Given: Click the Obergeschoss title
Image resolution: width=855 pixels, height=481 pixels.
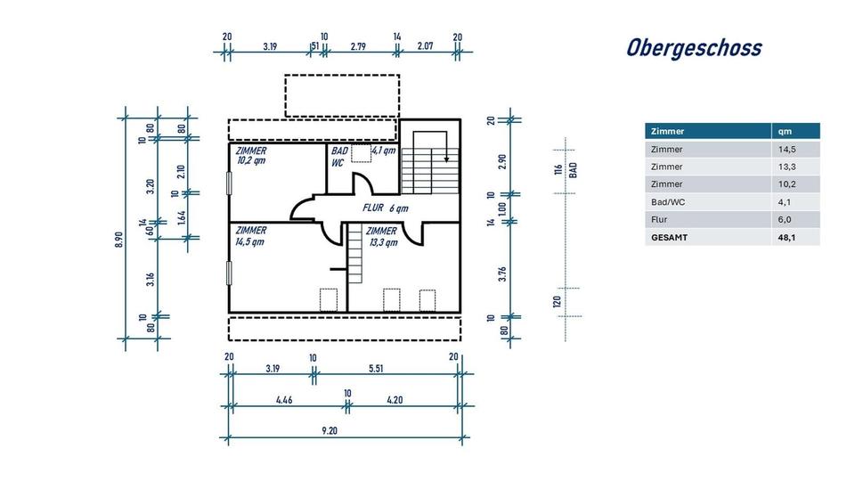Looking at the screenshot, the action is pyautogui.click(x=694, y=47).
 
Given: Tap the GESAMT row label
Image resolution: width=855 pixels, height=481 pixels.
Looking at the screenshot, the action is pyautogui.click(x=670, y=238).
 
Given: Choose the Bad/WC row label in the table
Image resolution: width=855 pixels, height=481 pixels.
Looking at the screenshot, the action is pyautogui.click(x=669, y=201).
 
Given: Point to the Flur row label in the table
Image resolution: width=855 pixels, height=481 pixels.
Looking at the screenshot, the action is pyautogui.click(x=660, y=219).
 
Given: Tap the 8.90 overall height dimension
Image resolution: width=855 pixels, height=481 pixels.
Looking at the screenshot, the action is pyautogui.click(x=119, y=241).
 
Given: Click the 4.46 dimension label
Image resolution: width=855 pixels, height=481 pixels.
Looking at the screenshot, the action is pyautogui.click(x=284, y=400).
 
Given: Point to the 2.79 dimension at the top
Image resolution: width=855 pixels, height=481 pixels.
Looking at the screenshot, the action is pyautogui.click(x=359, y=45).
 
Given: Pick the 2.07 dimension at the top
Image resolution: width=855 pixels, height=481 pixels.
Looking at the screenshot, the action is pyautogui.click(x=426, y=45).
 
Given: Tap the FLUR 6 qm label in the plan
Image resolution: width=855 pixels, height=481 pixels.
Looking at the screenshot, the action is pyautogui.click(x=385, y=208).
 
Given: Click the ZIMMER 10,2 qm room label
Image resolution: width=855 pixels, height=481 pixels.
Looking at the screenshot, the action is pyautogui.click(x=251, y=157).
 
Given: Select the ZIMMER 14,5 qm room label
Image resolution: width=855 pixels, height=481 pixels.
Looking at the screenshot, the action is pyautogui.click(x=251, y=236).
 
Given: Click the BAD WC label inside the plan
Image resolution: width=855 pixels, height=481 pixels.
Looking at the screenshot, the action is pyautogui.click(x=339, y=157).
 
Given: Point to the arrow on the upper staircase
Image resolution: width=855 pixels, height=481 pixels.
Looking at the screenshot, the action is pyautogui.click(x=446, y=158).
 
